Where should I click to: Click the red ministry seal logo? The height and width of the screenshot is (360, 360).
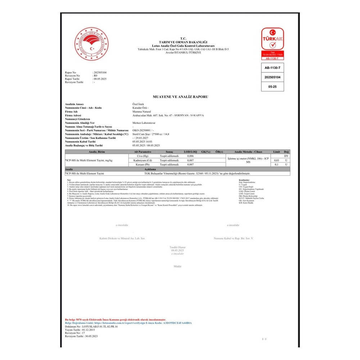point(91,44)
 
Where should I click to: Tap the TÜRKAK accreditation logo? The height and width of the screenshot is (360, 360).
point(273,44)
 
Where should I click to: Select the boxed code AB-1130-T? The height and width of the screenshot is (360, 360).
point(272,67)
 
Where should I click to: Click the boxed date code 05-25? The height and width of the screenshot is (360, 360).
point(272,87)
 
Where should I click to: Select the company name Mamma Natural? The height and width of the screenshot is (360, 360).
point(141,112)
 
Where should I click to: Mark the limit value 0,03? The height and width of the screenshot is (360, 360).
point(276,160)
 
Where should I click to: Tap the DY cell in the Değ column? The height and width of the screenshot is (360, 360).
point(286,156)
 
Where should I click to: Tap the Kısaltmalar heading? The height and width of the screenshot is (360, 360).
point(244,180)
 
